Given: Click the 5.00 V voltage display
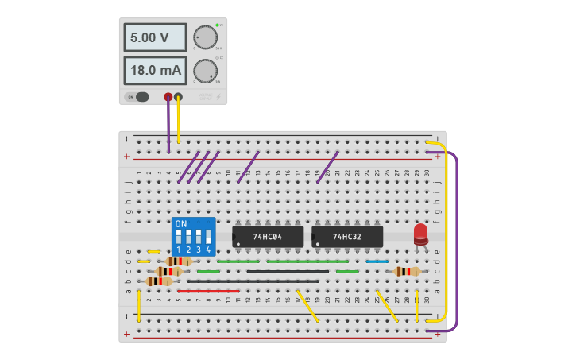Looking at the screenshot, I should (x=155, y=37).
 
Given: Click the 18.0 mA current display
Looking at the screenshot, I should (x=155, y=71).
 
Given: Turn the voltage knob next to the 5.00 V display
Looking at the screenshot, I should (x=205, y=37).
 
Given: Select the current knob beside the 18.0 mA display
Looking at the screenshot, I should (x=205, y=71).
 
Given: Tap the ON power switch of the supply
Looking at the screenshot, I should (x=137, y=97).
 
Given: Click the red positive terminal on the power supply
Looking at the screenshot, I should (x=168, y=98).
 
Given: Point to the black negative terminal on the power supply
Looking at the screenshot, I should (x=178, y=98).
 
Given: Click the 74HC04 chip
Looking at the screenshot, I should (x=268, y=236).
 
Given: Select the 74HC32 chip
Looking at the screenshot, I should (x=347, y=236).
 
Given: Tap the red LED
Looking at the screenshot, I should (x=420, y=234).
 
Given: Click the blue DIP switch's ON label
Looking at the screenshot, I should (x=181, y=224).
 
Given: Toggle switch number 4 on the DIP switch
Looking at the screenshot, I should (x=208, y=238).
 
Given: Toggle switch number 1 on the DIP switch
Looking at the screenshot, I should (x=178, y=238).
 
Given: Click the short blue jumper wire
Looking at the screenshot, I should (x=377, y=261).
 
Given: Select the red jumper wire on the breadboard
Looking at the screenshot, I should (x=208, y=291).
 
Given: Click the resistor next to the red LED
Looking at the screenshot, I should (x=407, y=271).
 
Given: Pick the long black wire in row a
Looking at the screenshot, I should (x=253, y=281).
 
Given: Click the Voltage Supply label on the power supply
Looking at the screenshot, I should (x=205, y=97).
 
